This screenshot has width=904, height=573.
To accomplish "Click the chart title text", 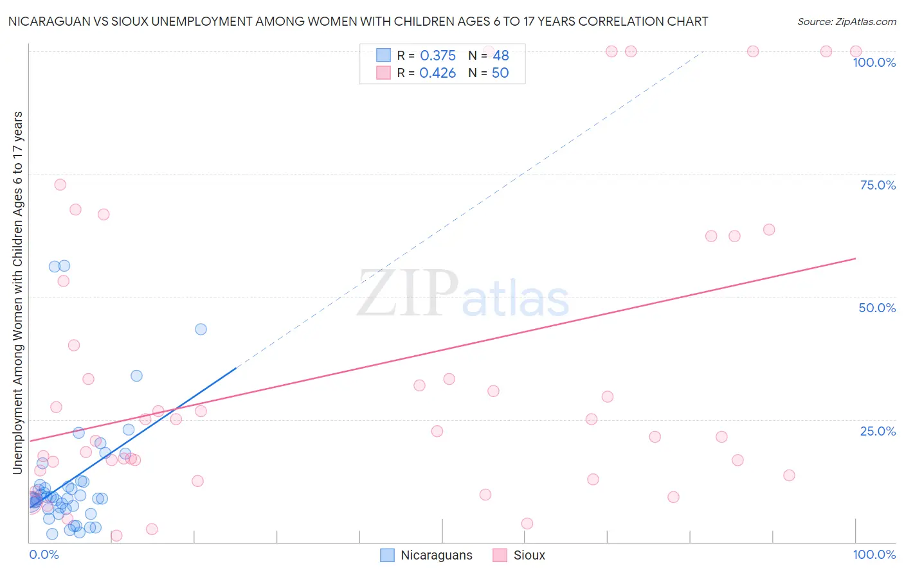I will click(358, 21).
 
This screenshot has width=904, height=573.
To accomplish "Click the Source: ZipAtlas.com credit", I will click(846, 21).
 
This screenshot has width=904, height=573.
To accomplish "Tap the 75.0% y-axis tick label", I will click(878, 185).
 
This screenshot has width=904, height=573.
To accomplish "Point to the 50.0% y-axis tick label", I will click(877, 308).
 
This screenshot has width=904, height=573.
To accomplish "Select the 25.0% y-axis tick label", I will click(878, 431).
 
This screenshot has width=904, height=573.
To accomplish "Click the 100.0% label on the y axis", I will click(874, 62).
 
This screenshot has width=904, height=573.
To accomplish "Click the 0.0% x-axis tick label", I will click(44, 554).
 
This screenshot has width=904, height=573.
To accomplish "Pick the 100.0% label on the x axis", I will click(874, 554).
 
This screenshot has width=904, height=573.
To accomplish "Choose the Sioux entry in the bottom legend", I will click(529, 555).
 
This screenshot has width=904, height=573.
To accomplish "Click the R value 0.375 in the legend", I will click(438, 56).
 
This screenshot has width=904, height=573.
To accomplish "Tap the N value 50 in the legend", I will click(500, 73).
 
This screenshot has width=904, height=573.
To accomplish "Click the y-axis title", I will click(18, 293).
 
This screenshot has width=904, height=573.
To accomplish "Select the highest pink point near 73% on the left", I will click(60, 185).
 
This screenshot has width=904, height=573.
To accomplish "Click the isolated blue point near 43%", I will click(201, 329).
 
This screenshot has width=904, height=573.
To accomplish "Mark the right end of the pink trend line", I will click(856, 258).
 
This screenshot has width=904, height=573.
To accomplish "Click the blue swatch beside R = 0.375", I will click(384, 55).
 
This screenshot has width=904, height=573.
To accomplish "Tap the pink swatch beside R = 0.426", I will click(384, 73).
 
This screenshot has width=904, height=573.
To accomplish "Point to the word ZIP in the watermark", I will click(408, 293).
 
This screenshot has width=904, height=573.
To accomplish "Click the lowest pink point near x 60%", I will click(527, 524).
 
